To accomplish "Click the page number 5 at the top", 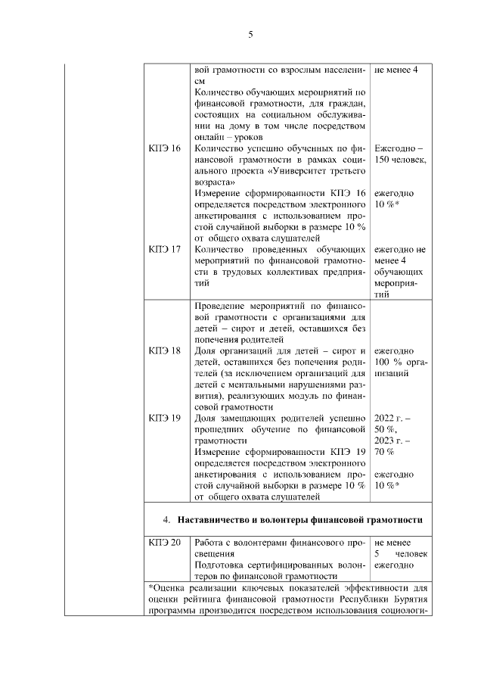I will pyautogui.click(x=250, y=33).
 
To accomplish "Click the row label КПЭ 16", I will pyautogui.click(x=165, y=148).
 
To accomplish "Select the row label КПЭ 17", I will pyautogui.click(x=165, y=249).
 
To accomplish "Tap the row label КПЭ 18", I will pyautogui.click(x=165, y=351).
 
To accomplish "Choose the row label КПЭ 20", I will pyautogui.click(x=165, y=543).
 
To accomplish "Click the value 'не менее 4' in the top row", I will pyautogui.click(x=397, y=70).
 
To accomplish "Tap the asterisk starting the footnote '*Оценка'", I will pyautogui.click(x=151, y=587).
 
